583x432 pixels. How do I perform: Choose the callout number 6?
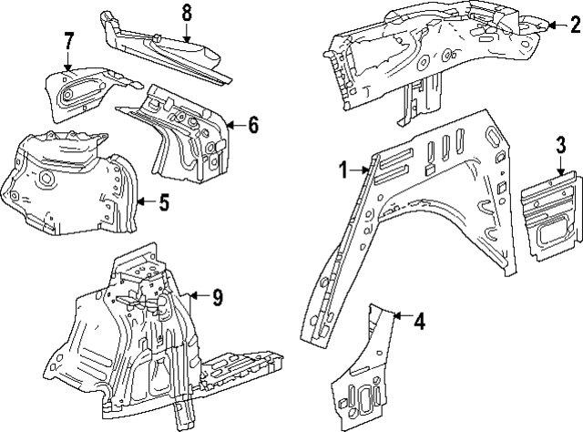pyautogui.click(x=252, y=125)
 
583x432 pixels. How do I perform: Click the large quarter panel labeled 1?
pyautogui.click(x=428, y=210)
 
